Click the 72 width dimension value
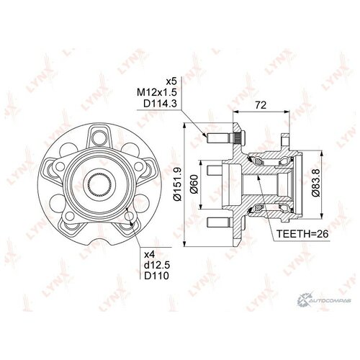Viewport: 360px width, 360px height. coord(261,105)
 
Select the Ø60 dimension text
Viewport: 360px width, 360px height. coord(194,184)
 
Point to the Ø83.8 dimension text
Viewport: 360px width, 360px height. coord(317,182)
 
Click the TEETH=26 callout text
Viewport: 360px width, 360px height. coord(302,234)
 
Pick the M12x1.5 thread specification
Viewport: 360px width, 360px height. coord(156,92)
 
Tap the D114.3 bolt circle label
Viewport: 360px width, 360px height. coord(160,104)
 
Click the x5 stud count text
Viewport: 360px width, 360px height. coord(171,81)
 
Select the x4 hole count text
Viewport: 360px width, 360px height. coord(149,254)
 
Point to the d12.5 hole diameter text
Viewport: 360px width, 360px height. coord(157,265)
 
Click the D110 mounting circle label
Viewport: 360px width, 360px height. coord(156,276)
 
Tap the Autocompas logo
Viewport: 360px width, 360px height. coord(324,300)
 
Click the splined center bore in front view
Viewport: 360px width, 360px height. coord(99,184)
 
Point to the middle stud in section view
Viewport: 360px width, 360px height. coord(214,170)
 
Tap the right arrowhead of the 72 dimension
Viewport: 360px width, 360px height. coord(287,112)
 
